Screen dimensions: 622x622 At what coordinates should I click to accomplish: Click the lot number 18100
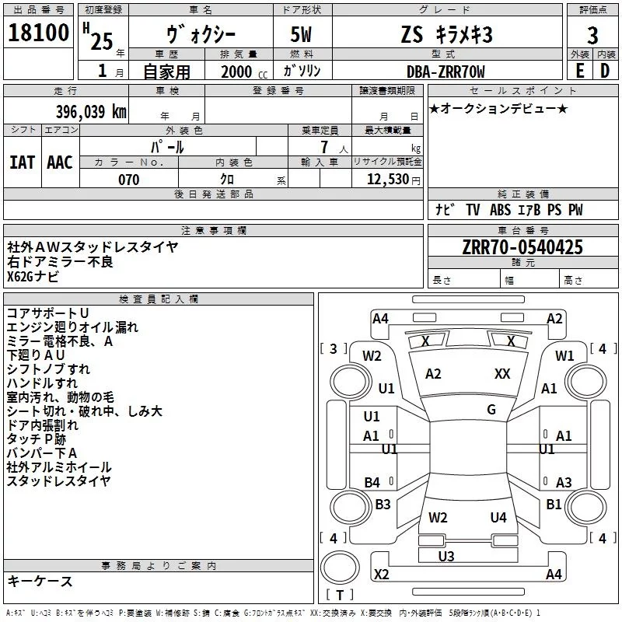tap(39, 35)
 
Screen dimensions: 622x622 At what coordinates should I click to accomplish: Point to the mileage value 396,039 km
tap(90, 111)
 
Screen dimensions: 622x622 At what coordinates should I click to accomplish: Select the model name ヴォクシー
tap(201, 35)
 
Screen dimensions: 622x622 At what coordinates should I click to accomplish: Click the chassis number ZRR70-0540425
tap(522, 247)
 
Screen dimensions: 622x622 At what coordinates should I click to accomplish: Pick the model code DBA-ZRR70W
tap(446, 72)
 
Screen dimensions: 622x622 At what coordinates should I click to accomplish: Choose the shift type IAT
tap(22, 162)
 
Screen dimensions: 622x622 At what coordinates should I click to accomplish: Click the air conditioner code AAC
tap(59, 162)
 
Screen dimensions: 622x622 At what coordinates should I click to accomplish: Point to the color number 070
tap(128, 180)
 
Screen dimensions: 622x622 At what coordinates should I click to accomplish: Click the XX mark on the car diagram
tap(502, 374)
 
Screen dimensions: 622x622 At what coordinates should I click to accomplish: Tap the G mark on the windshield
tap(491, 410)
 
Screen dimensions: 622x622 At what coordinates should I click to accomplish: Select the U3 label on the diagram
tap(446, 556)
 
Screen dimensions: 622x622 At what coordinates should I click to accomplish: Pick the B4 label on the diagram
tap(372, 482)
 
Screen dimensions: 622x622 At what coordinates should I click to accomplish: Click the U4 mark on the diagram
tap(498, 517)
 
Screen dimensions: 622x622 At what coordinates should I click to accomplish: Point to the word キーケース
tap(40, 582)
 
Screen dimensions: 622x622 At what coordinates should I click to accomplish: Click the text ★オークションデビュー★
tap(498, 108)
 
